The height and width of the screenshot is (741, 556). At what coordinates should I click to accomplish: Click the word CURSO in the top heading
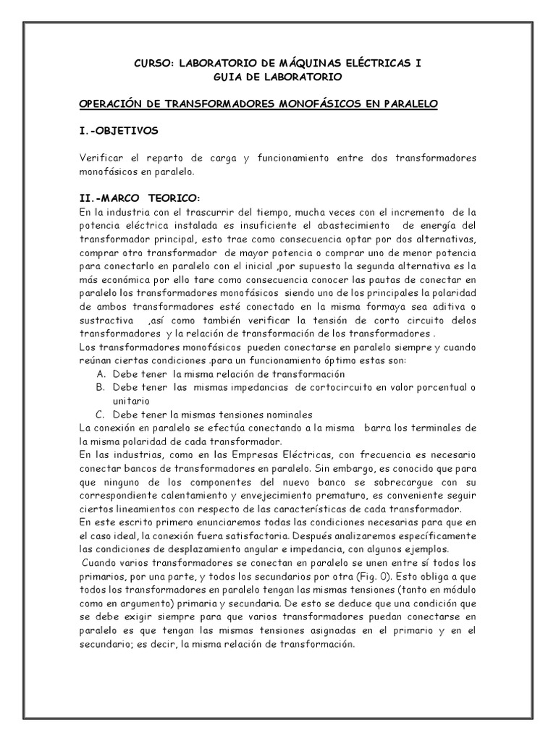pyautogui.click(x=153, y=64)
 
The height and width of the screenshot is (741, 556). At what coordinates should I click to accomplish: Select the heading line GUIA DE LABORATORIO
pyautogui.click(x=278, y=77)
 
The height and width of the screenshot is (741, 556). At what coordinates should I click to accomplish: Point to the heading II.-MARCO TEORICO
pyautogui.click(x=138, y=198)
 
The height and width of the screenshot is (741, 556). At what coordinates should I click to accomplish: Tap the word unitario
pyautogui.click(x=130, y=401)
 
